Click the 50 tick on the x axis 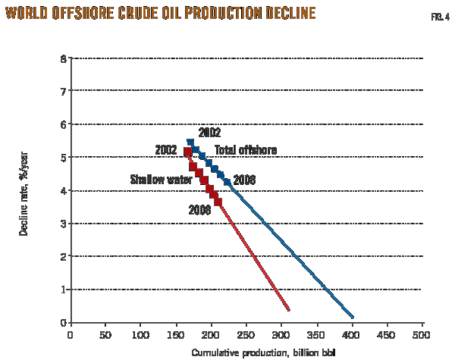(105, 334)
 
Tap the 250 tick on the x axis (246, 334)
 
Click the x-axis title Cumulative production (262, 352)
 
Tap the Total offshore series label (245, 150)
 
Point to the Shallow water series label (161, 180)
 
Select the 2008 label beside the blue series (244, 180)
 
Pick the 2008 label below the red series (200, 210)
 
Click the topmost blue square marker (190, 142)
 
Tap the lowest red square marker (218, 202)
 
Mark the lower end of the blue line (353, 317)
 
